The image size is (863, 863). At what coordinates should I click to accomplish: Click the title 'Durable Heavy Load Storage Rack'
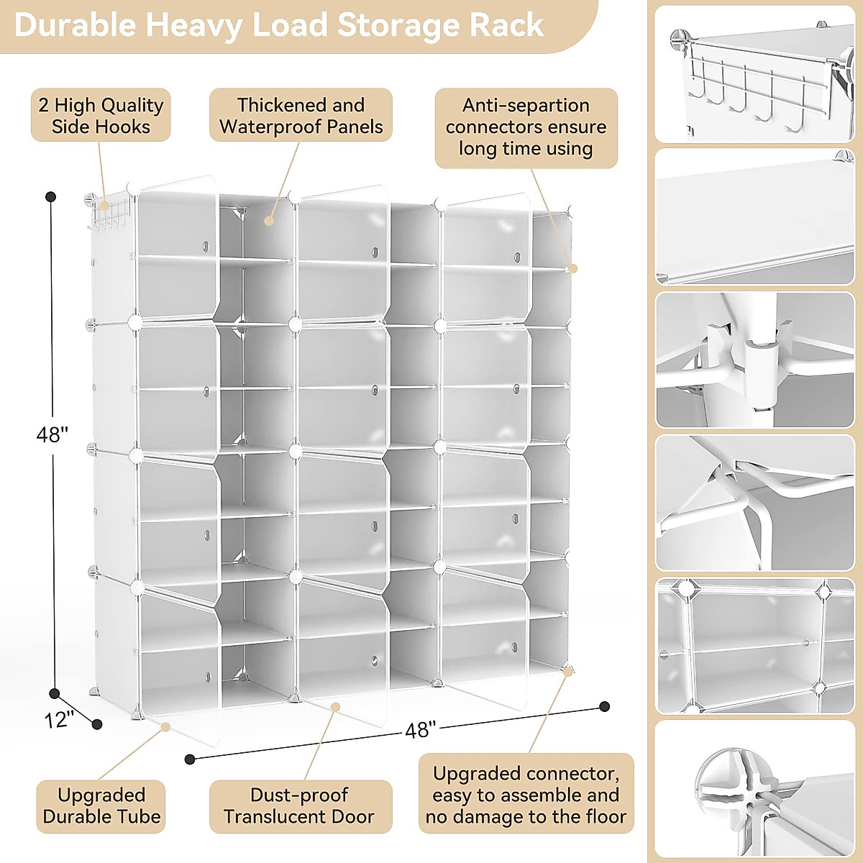(279, 25)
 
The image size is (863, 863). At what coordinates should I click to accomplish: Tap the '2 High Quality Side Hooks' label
(101, 115)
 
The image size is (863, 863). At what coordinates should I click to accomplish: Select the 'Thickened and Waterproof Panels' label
(301, 115)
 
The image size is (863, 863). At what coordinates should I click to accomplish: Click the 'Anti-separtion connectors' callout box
(526, 127)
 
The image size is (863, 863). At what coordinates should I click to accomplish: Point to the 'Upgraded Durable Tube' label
(101, 806)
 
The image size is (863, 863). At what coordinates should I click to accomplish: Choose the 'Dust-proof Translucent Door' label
(300, 806)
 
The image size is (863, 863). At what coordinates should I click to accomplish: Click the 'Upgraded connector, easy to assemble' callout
(526, 795)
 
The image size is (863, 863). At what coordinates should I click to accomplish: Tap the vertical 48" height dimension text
(52, 434)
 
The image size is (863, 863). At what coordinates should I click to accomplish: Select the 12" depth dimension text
(59, 719)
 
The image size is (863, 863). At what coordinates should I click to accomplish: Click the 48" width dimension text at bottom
(420, 730)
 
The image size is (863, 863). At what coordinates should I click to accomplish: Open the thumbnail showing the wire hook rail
(754, 74)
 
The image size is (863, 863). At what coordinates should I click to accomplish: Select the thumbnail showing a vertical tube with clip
(754, 360)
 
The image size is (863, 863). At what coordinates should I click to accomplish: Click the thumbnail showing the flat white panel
(754, 217)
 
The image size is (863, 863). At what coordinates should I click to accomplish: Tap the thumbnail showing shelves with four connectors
(754, 646)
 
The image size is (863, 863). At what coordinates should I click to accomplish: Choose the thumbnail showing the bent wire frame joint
(754, 503)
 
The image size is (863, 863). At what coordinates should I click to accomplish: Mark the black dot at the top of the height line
(51, 197)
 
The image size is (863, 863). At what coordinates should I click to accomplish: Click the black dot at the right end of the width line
(605, 706)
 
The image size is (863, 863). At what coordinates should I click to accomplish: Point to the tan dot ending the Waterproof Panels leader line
(269, 221)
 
